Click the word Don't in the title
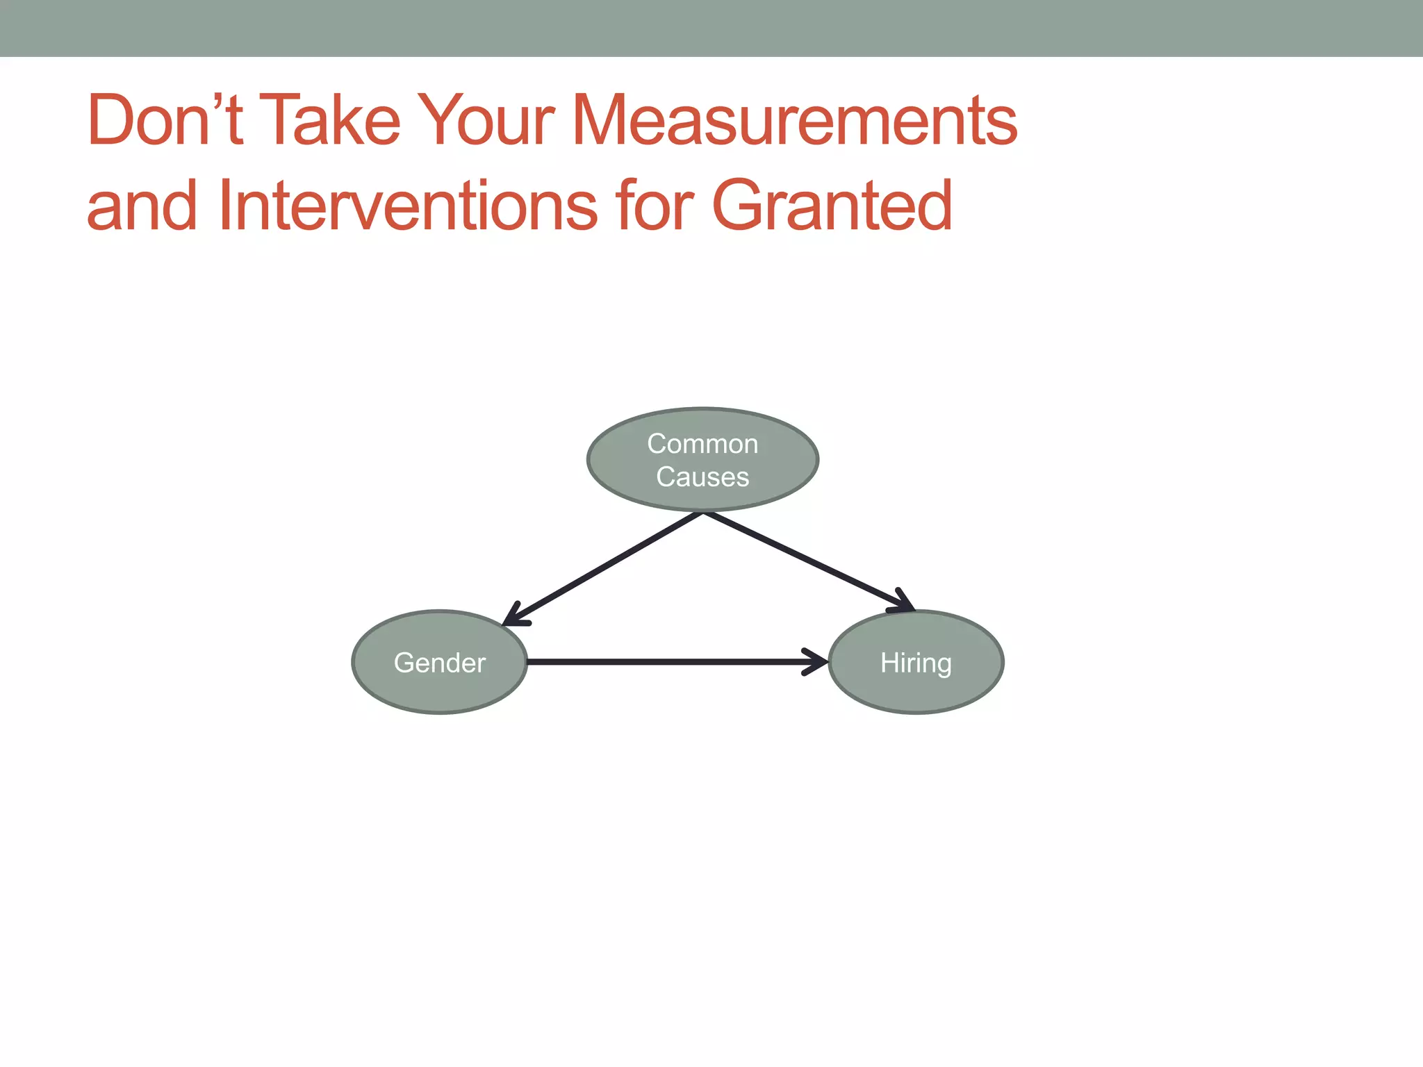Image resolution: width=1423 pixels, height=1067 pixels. pos(165,121)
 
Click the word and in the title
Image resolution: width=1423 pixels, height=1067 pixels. pos(142,206)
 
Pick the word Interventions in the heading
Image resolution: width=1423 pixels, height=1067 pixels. pos(407,206)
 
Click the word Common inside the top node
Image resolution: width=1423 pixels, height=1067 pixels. pos(702,444)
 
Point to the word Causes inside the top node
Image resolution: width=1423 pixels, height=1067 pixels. pos(702,477)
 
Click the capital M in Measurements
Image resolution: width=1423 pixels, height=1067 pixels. pos(602,121)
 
